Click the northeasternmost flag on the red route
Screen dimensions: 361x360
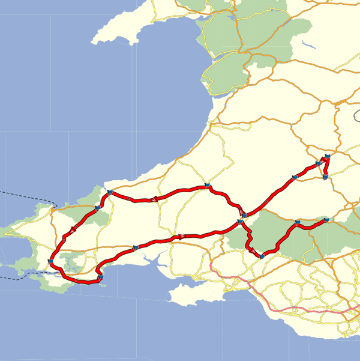[x=328, y=157]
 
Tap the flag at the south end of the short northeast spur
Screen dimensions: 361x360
[x=325, y=177]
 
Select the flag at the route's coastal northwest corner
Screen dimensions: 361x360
[x=110, y=192]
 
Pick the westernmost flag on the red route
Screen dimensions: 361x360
[x=50, y=261]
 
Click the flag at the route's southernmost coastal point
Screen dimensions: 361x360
[x=100, y=277]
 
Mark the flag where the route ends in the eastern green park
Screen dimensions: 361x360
[x=326, y=220]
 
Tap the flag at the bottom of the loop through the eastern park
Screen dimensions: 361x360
[x=262, y=256]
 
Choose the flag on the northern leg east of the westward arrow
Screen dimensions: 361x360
[x=206, y=185]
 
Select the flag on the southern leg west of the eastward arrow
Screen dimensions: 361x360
[x=136, y=246]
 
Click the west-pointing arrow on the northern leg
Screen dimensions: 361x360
[x=154, y=199]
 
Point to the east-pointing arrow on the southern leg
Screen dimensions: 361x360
[x=179, y=237]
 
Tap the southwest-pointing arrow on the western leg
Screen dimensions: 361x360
[x=73, y=229]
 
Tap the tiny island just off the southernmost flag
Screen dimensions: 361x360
[x=106, y=285]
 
